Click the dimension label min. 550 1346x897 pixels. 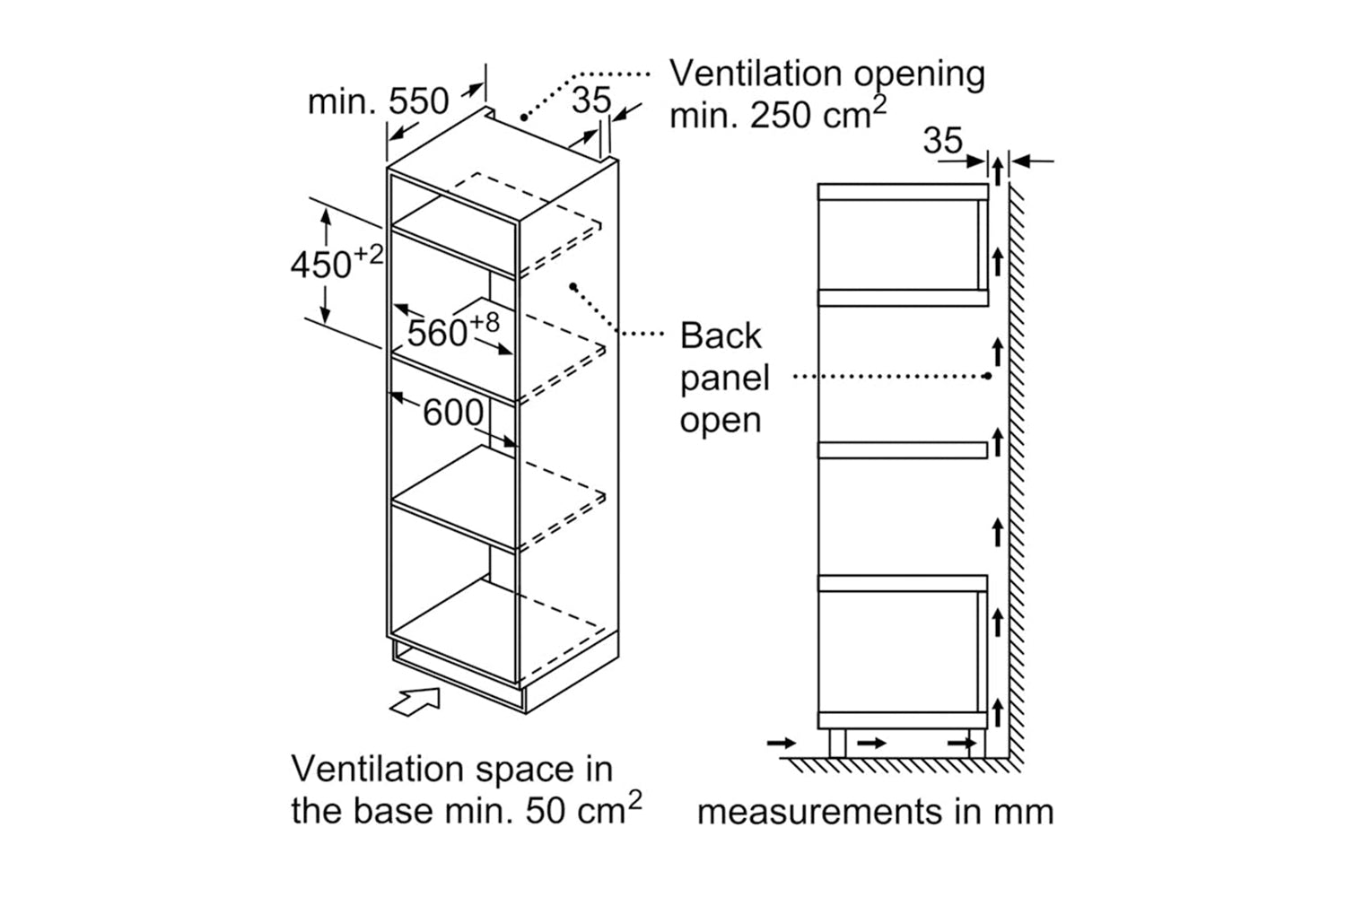click(x=378, y=102)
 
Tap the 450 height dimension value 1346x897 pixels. click(x=321, y=266)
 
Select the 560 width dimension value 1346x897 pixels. click(x=438, y=333)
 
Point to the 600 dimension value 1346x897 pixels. click(x=453, y=414)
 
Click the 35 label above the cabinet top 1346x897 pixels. click(x=591, y=100)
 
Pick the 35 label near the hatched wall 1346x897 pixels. click(x=943, y=141)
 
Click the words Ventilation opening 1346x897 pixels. click(x=826, y=74)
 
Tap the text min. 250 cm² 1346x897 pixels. click(x=777, y=114)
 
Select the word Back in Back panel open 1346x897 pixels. click(x=720, y=336)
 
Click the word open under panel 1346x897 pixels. click(x=720, y=420)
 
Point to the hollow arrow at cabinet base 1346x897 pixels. click(x=415, y=701)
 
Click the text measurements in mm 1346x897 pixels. click(x=875, y=812)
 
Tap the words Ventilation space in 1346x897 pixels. click(x=452, y=770)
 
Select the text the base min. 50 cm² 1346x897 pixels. click(x=466, y=811)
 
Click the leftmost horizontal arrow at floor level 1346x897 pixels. click(x=782, y=743)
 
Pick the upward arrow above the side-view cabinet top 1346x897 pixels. click(x=997, y=170)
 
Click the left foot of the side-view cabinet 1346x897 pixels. click(x=836, y=743)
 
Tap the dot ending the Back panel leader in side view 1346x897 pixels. click(x=987, y=377)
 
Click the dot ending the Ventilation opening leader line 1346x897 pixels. click(x=524, y=117)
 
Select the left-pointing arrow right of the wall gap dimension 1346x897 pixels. click(x=1032, y=162)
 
